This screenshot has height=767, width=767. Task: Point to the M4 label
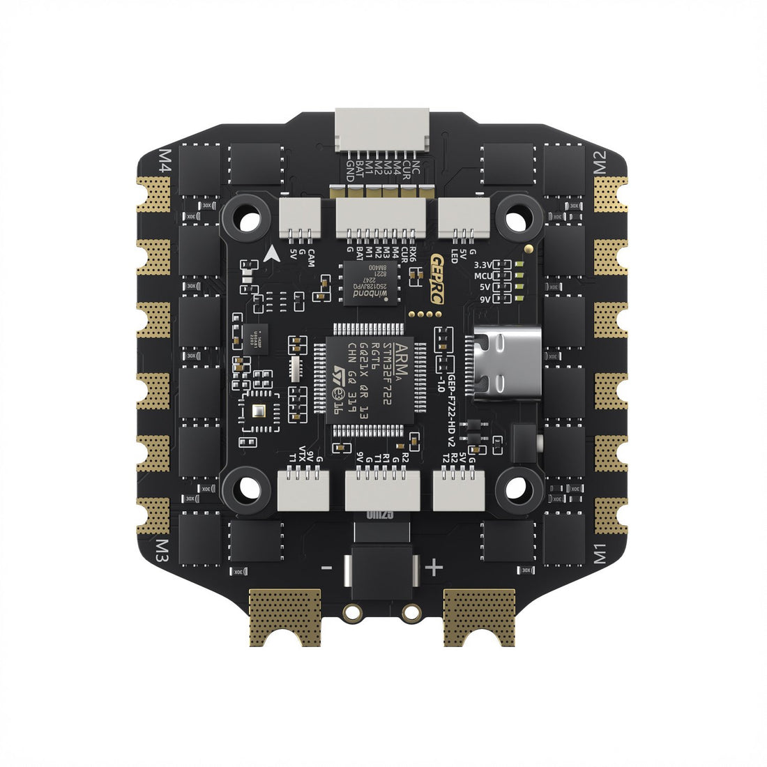[166, 162]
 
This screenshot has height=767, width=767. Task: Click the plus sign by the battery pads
[434, 568]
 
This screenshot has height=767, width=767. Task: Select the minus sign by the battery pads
[326, 568]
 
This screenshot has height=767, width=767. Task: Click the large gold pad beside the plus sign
[480, 616]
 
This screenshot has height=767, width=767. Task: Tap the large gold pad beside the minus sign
[285, 616]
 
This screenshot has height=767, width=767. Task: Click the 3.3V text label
[483, 266]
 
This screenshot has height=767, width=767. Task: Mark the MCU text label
[483, 277]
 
